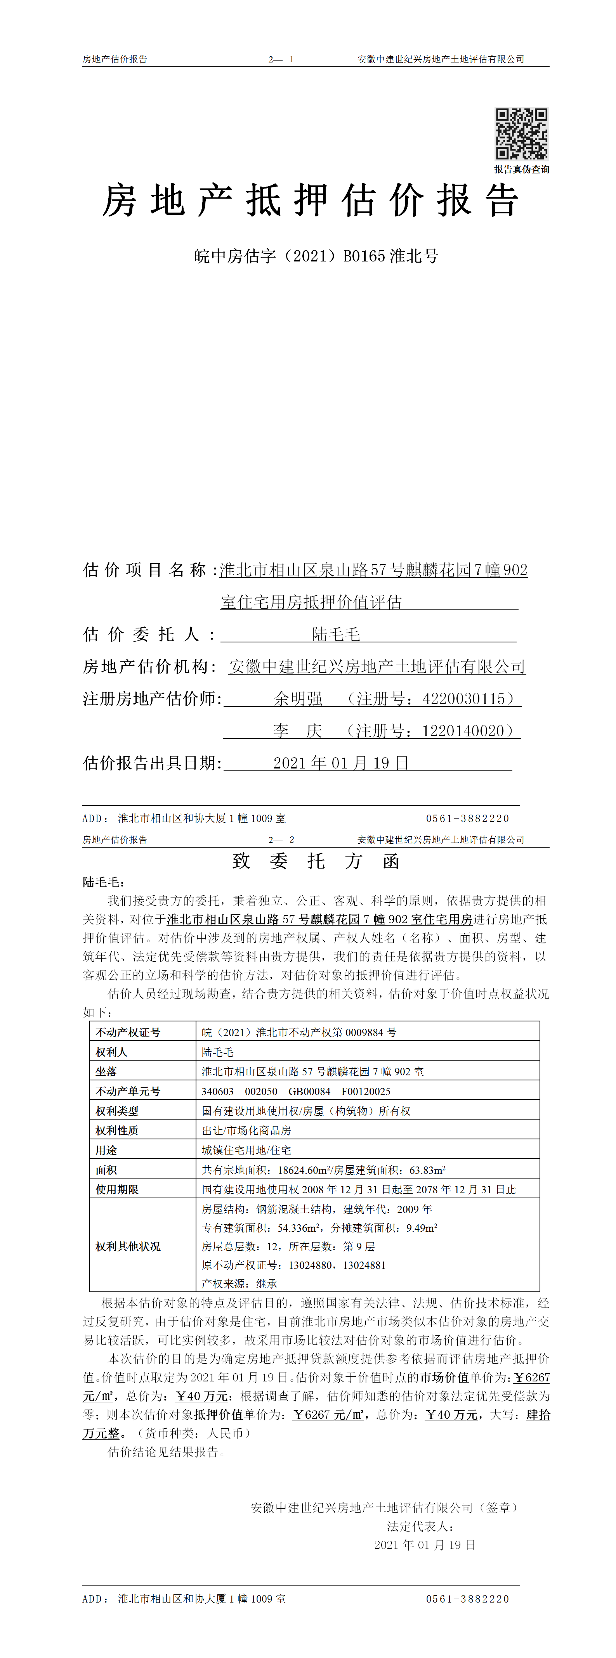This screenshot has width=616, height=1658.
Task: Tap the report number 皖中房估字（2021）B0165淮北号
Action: [x=316, y=256]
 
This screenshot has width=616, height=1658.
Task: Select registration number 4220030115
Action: [x=463, y=698]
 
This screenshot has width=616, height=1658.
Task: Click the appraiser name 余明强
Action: [x=298, y=698]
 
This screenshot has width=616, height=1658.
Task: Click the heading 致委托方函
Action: [x=316, y=861]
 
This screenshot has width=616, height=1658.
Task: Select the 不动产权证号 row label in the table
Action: [x=128, y=1032]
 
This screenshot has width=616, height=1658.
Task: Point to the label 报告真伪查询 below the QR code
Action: [x=521, y=169]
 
